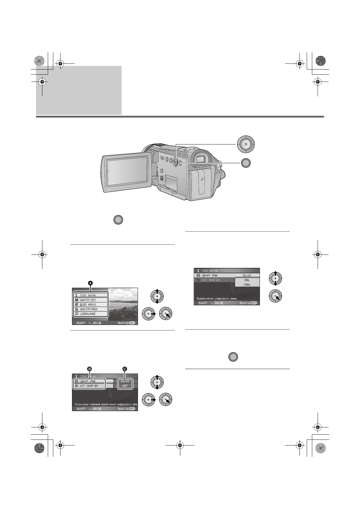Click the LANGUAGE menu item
click(88, 314)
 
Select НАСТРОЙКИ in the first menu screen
click(89, 309)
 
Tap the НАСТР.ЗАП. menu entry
click(88, 300)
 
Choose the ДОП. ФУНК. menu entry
click(88, 305)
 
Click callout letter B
click(89, 369)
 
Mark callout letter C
click(125, 369)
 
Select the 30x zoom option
click(247, 280)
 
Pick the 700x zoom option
click(247, 285)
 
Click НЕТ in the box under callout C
click(125, 386)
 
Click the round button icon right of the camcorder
click(246, 163)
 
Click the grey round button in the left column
click(118, 220)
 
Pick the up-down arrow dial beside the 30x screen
click(275, 278)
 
